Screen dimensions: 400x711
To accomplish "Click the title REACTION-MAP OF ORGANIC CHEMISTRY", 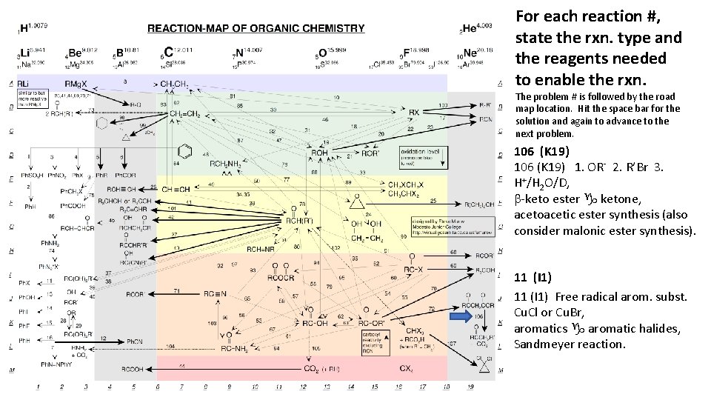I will pos(256,29).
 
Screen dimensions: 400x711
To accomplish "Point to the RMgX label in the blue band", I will pos(76,83).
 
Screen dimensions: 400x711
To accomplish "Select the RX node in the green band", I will pos(414,113).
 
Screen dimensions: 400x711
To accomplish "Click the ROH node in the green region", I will pos(319,153).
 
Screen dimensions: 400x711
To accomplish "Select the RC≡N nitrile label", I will pos(213,293).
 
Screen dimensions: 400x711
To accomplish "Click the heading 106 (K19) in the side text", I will pos(542,152).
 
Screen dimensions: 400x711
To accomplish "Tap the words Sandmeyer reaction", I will pos(570,344).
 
